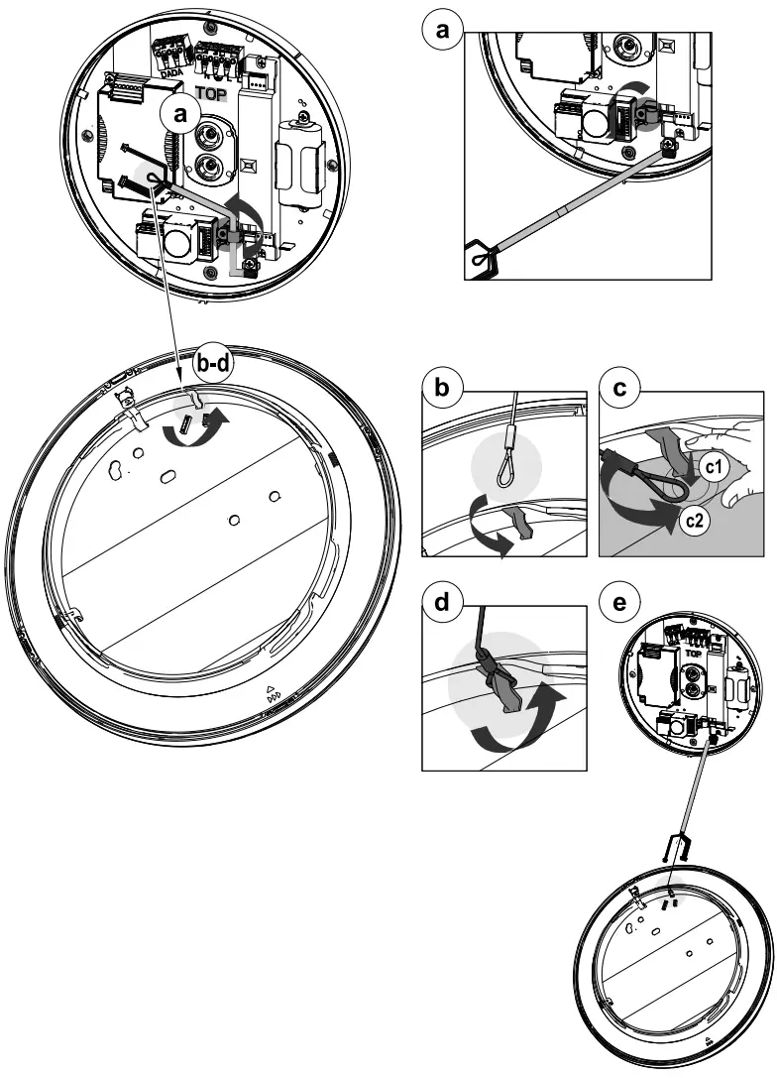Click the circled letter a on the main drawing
click(179, 115)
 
